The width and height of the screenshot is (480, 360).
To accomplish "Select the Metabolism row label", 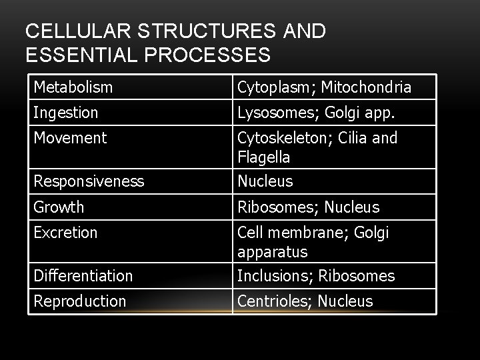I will click(73, 87).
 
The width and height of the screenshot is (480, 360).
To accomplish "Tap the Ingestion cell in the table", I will click(66, 113).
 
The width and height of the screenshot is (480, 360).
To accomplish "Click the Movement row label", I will click(70, 138).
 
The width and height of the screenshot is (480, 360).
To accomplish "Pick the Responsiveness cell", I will click(89, 181).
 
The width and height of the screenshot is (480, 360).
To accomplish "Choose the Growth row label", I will click(59, 207).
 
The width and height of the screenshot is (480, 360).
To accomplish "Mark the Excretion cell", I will click(65, 233).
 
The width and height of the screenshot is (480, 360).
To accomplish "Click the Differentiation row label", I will click(83, 275).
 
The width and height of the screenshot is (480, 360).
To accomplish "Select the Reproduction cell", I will click(79, 301).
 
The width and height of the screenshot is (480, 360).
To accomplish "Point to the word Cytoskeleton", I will click(277, 138).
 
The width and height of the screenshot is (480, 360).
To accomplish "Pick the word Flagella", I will click(263, 157).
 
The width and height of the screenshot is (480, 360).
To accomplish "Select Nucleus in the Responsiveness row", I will click(265, 181).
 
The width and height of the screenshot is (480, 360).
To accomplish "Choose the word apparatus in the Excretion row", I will click(273, 252).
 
